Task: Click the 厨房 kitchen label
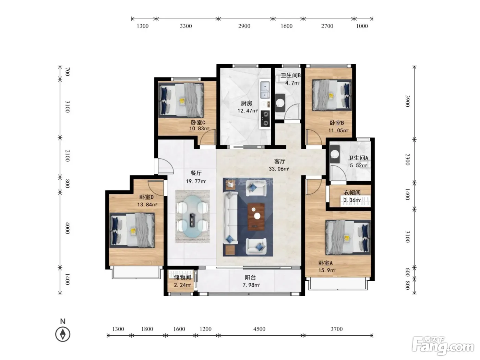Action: pos(247,103)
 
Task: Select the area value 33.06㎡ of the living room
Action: pos(279,169)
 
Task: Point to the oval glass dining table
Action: pos(192,216)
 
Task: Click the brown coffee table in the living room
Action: pos(256,217)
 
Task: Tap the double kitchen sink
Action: pos(265,90)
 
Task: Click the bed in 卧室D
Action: pos(132,230)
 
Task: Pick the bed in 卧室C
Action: pos(181,100)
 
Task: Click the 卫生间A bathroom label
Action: pos(358,158)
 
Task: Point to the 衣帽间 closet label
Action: pos(352,192)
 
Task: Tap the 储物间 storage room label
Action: pos(182,277)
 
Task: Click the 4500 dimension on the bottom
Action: pos(259,329)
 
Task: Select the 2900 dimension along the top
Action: pos(244,26)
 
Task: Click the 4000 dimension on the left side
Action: pos(68,228)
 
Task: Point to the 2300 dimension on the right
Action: pos(407,159)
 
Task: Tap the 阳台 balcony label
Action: pos(250,277)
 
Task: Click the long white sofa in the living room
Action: pos(230,218)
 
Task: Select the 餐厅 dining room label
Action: pos(196,173)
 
